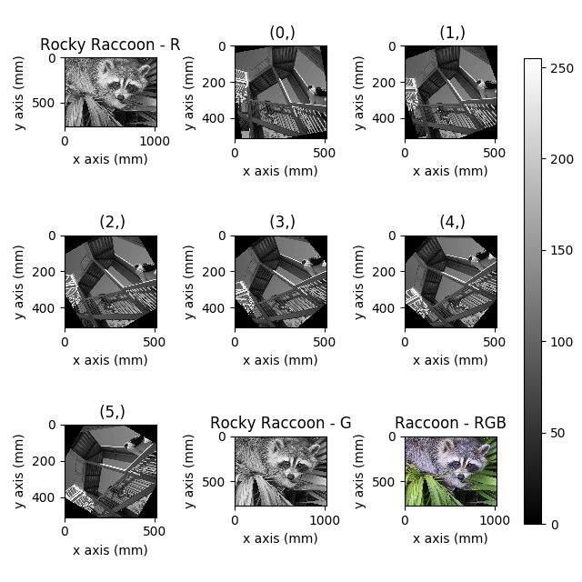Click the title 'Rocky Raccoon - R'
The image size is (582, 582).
110,45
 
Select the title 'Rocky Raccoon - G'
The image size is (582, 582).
280,423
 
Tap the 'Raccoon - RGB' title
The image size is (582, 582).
450,423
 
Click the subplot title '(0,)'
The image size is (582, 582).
280,34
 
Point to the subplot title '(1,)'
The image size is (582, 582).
451,34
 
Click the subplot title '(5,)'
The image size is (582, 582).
110,411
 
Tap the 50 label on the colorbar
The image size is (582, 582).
557,433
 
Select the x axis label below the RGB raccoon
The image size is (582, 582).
450,538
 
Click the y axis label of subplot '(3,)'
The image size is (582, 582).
190,281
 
